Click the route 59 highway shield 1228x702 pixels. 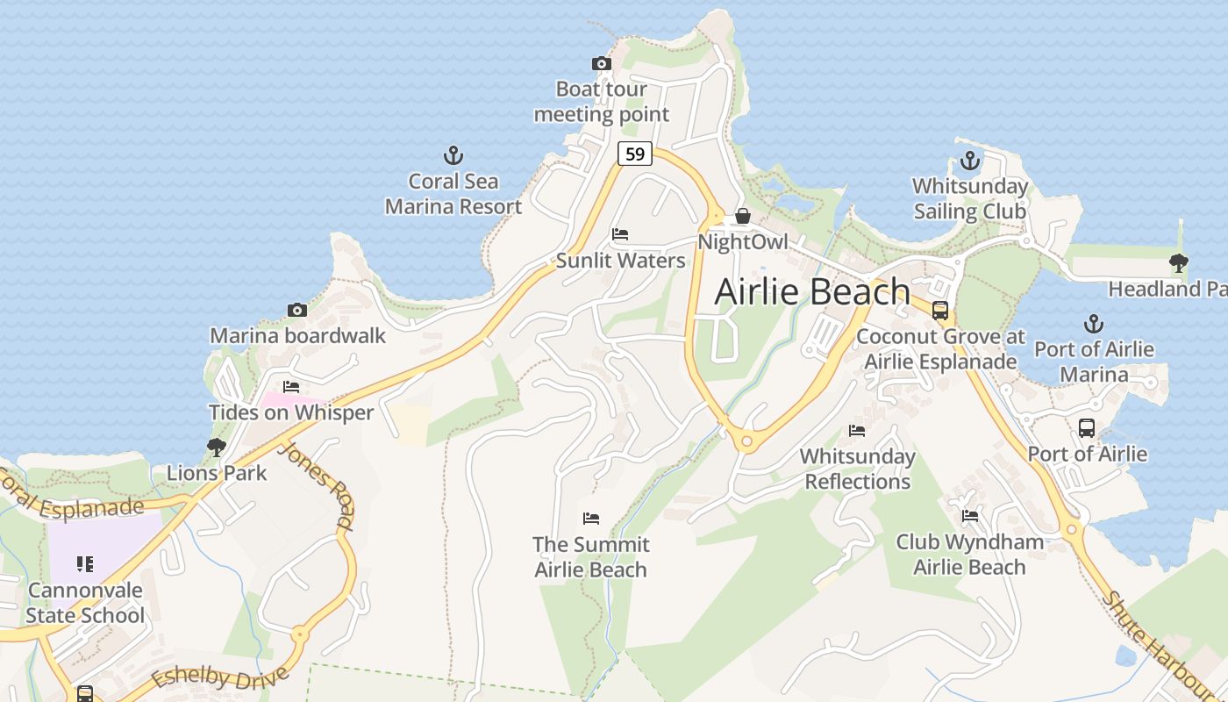635,154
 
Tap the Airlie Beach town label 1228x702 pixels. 812,291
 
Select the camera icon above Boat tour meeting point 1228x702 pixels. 602,63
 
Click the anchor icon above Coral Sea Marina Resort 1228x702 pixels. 453,156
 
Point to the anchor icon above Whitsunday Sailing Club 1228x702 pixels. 969,161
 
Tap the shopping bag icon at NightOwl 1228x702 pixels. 743,216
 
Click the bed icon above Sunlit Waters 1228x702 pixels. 620,234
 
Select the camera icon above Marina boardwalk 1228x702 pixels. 297,310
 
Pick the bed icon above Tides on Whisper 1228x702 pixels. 291,387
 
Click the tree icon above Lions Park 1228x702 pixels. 216,448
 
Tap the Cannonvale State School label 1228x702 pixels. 85,602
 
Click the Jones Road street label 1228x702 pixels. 318,486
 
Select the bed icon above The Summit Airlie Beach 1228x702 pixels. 591,519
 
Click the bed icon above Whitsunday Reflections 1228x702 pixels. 857,430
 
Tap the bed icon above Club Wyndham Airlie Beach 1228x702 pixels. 970,516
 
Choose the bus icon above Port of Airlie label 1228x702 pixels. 1087,428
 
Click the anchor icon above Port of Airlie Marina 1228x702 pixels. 1093,324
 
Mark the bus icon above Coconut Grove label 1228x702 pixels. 940,310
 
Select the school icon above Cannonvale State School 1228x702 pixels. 85,563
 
